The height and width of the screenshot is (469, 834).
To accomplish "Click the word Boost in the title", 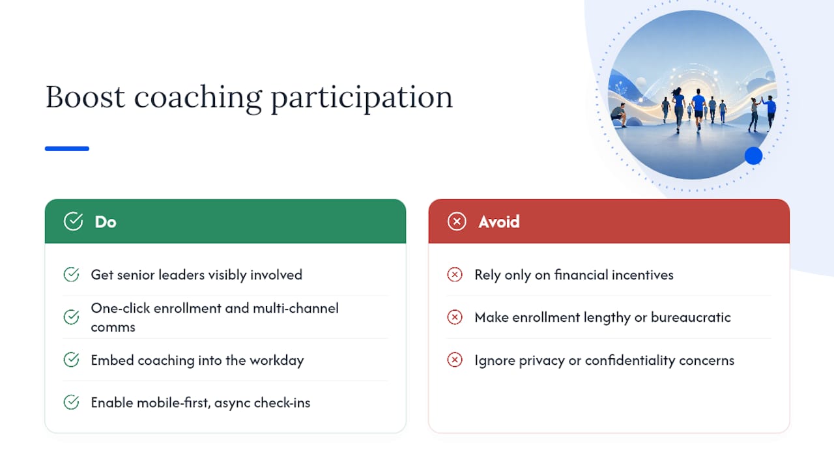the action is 85,97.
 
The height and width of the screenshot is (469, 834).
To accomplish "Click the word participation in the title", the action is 362,98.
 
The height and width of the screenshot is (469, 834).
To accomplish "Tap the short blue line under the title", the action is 67,149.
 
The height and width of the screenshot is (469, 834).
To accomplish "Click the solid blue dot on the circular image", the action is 754,156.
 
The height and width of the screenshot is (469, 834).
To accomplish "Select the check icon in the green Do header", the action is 74,221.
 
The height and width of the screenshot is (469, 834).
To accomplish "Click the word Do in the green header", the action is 106,222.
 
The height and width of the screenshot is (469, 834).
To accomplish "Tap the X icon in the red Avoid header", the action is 457,221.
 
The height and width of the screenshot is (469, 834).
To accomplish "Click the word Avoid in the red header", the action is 499,222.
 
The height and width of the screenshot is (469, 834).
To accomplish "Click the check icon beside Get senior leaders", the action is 71,275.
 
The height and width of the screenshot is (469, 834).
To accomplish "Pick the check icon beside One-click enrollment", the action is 71,317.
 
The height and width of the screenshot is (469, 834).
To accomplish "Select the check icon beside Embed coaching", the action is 71,360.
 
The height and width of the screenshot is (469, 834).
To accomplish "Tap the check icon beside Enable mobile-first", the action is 71,403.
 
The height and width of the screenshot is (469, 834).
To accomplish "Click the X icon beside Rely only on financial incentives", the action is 455,275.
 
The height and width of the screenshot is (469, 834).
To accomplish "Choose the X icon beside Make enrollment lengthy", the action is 455,317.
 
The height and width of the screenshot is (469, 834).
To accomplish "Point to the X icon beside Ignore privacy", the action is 455,360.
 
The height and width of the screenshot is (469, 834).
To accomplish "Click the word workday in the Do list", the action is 277,361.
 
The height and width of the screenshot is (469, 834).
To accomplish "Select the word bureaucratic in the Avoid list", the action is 691,317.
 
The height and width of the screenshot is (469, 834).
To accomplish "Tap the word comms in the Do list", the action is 113,328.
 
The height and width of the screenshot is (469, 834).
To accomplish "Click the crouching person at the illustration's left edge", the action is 619,115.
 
